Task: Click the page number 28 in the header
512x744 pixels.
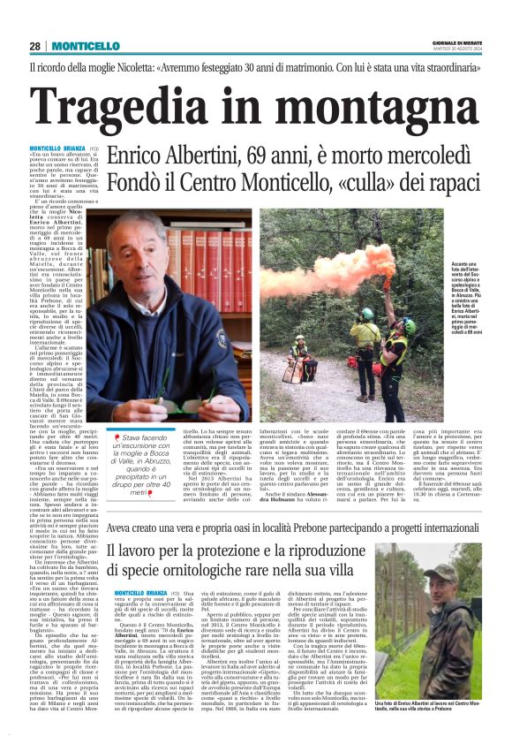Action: coord(34,46)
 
